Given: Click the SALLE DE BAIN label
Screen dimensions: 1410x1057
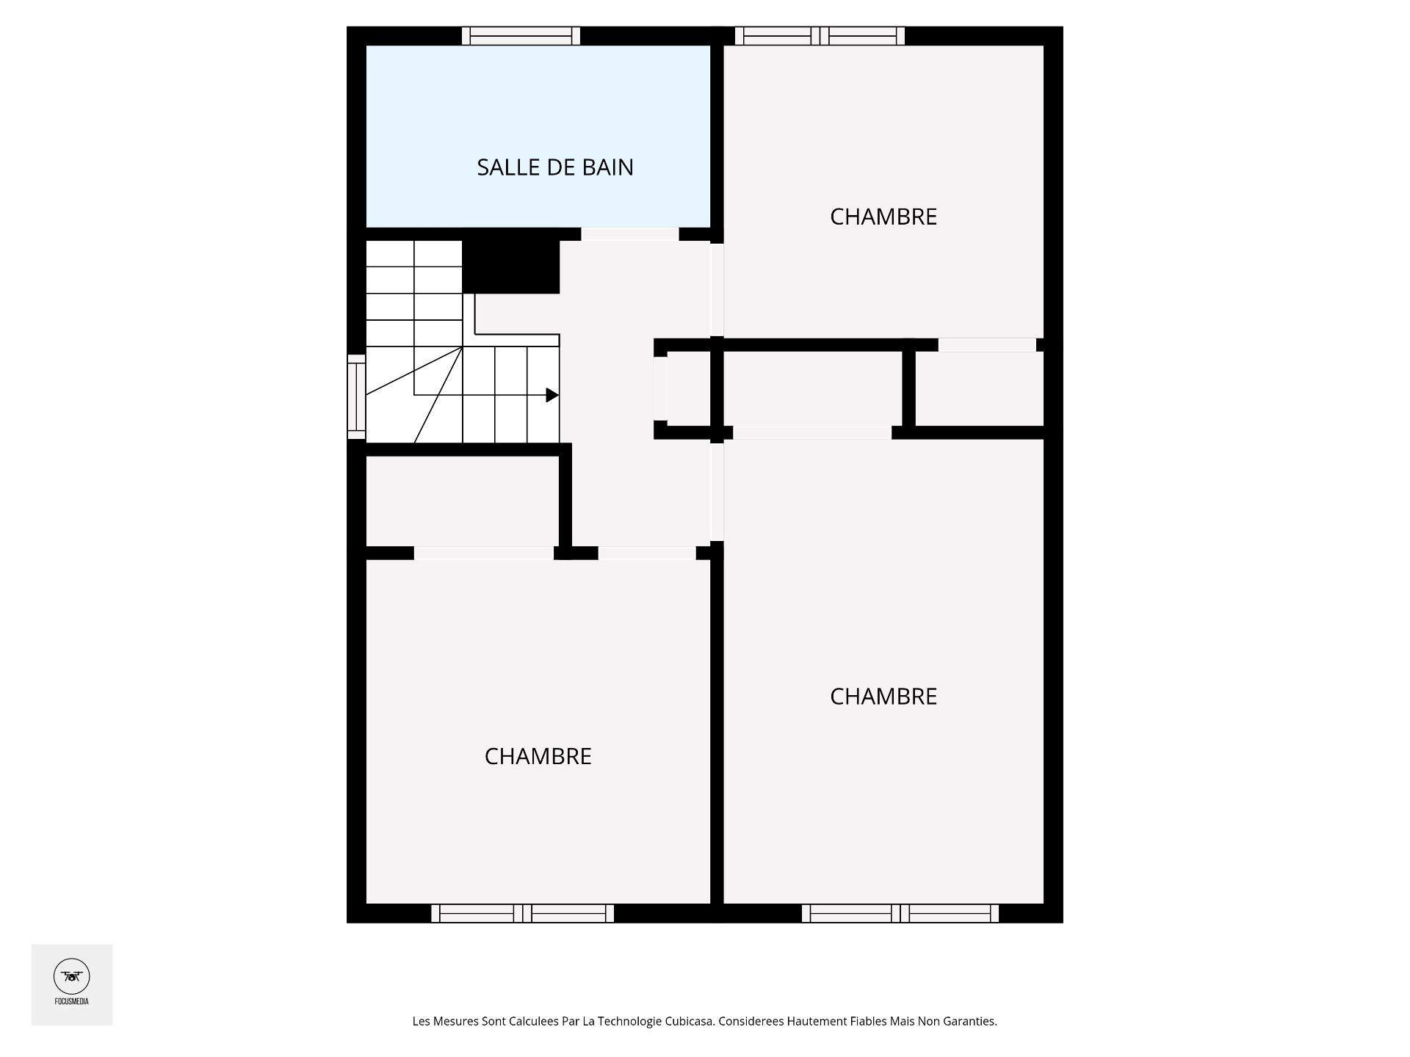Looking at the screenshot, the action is coord(555,167).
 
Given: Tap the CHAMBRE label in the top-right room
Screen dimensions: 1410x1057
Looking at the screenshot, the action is coord(883,217).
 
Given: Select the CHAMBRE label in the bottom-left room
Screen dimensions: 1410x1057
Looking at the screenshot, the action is coord(538,756).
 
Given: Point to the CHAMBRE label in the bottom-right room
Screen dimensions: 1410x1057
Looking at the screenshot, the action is coord(883,696).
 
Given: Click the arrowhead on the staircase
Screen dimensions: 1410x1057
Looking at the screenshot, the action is coord(552,395).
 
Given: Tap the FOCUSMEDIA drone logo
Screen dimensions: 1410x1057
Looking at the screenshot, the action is coord(72,977).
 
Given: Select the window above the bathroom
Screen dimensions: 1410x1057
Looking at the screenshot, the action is coord(521,36).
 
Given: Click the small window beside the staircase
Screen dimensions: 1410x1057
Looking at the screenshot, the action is coord(356,396).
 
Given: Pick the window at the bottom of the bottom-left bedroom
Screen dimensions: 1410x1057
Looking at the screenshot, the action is coord(522,913).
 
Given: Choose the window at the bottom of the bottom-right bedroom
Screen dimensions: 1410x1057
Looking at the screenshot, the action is coord(900,913).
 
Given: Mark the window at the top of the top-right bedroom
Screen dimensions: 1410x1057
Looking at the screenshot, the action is coord(820,36).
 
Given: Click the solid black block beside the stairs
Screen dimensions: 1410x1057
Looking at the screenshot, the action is coord(511,267).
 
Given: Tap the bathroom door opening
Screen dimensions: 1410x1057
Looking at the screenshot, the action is coord(630,234).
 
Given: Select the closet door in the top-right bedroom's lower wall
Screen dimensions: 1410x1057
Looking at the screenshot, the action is coord(987,345).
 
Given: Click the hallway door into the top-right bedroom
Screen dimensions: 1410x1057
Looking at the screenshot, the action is coord(717,290).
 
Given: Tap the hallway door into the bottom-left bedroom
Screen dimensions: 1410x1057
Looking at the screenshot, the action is coord(647,553).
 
